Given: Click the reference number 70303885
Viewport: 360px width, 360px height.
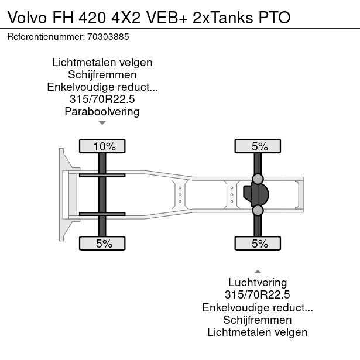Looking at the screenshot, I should [x=109, y=36].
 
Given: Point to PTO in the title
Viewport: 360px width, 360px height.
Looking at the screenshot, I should [x=275, y=16].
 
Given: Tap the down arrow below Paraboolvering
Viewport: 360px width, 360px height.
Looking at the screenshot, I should [x=102, y=123].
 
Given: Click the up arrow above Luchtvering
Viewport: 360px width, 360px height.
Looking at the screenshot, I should [x=258, y=272].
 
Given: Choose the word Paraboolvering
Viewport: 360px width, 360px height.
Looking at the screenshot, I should [x=102, y=111].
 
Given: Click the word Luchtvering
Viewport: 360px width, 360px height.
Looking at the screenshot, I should [x=258, y=283].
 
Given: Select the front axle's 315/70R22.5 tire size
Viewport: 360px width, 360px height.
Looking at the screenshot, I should [x=102, y=99].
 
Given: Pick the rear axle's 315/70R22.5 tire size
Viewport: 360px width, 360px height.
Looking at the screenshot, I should [x=258, y=296].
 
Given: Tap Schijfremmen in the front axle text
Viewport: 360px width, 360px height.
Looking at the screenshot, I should [x=102, y=74].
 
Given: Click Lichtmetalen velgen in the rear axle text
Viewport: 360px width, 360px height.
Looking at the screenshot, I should [x=258, y=332].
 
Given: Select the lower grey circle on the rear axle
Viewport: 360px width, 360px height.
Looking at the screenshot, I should [x=258, y=210].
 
